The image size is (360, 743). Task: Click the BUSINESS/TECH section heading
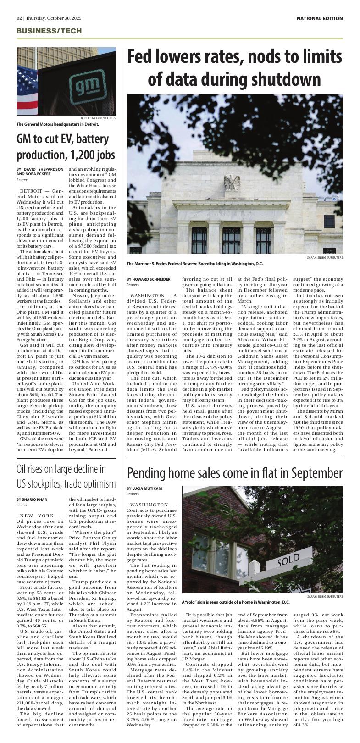coord(49,31)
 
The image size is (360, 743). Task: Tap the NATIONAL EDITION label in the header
coord(319,18)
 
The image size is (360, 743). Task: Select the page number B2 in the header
coord(19,18)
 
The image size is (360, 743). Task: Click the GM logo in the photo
coord(83,85)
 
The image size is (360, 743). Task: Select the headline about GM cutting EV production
coord(66,147)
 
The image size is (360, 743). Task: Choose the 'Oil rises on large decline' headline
coord(66,477)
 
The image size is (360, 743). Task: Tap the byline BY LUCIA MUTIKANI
coord(144,488)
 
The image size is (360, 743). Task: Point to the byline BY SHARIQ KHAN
coord(32,499)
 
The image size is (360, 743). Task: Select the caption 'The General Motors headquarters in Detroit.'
coord(58,124)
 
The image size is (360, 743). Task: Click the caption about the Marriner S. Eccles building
coord(195,264)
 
